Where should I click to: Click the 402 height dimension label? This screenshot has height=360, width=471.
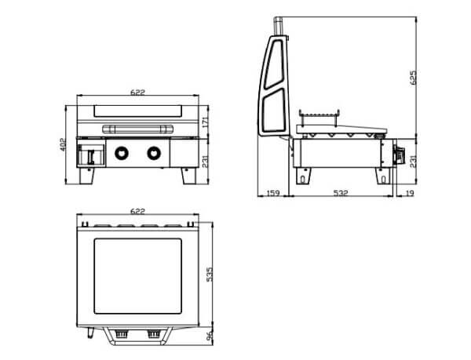(63, 144)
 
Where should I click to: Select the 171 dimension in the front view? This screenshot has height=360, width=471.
(205, 121)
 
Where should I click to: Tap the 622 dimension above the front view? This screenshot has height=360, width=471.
(137, 92)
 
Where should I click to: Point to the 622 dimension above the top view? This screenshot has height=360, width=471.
(137, 211)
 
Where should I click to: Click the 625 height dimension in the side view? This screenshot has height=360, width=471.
(414, 78)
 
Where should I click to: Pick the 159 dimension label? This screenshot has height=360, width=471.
(273, 193)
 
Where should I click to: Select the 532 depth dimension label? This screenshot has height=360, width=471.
(341, 193)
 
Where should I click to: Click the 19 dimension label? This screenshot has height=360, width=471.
(410, 193)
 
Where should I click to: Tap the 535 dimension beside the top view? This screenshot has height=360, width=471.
(210, 274)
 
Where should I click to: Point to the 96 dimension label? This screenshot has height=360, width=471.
(210, 336)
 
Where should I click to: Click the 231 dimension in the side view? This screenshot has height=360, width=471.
(414, 161)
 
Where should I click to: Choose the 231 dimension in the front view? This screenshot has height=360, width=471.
(205, 162)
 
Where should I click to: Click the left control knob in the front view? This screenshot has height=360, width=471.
(122, 153)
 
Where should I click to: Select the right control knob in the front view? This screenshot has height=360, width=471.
(154, 153)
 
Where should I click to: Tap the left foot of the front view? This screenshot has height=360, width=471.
(87, 176)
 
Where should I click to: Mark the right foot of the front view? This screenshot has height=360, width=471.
(189, 176)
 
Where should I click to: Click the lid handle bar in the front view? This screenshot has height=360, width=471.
(137, 129)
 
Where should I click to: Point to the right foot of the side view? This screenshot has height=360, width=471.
(384, 176)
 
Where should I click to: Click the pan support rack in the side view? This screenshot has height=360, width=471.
(319, 117)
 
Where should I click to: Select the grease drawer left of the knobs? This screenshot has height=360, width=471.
(91, 155)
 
